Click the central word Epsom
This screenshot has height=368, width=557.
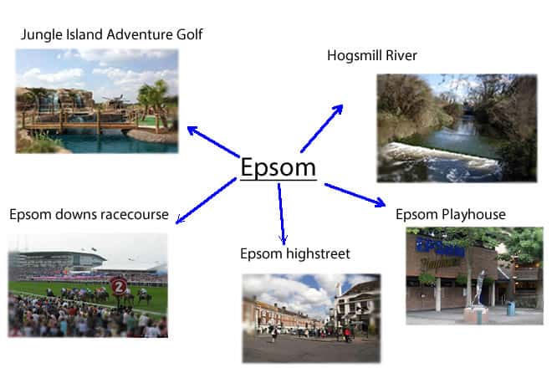coord(278,167)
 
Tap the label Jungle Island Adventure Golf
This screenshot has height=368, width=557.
coord(111,34)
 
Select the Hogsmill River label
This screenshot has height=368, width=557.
coord(372,55)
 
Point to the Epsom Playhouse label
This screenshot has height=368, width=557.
coord(451,214)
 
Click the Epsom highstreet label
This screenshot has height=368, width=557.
coord(295,253)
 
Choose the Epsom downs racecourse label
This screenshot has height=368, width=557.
coord(89,214)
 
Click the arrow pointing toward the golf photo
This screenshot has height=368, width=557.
coord(213,141)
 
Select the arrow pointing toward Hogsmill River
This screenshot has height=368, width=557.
coord(322,128)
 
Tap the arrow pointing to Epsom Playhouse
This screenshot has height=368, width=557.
coord(355,195)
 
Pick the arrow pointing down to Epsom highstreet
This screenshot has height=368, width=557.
coord(282,214)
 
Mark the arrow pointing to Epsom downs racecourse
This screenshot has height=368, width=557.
coord(206,201)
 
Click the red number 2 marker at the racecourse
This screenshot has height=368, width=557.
coord(119,287)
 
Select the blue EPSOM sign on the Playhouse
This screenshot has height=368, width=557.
coord(441,247)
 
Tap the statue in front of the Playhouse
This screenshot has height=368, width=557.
coord(480,288)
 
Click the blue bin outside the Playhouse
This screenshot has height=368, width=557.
coord(511,309)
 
